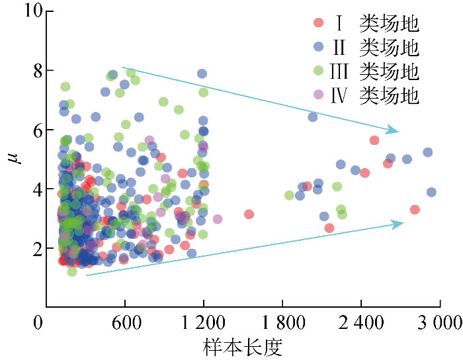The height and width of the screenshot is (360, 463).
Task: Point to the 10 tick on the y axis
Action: pyautogui.click(x=24, y=11)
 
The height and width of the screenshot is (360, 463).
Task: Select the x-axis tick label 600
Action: pyautogui.click(x=124, y=324)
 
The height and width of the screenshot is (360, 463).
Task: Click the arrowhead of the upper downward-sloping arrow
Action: pyautogui.click(x=395, y=130)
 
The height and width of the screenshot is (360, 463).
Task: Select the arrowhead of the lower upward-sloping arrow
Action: pyautogui.click(x=398, y=224)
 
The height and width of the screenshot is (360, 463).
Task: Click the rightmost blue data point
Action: pyautogui.click(x=431, y=193)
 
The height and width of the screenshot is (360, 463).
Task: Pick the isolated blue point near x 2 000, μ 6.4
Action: pyautogui.click(x=313, y=117)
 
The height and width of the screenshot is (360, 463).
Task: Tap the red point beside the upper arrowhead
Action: pyautogui.click(x=374, y=140)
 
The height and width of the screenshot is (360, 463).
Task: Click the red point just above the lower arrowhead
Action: pyautogui.click(x=415, y=210)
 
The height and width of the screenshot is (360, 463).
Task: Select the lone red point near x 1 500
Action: pyautogui.click(x=249, y=214)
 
